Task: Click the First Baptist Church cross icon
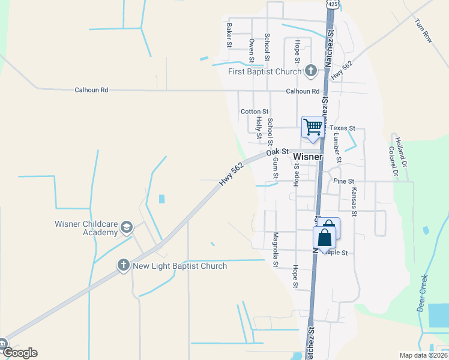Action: [x=310, y=71]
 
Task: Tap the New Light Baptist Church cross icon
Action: [x=124, y=266]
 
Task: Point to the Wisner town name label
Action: [x=308, y=157]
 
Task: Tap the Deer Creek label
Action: [x=423, y=293]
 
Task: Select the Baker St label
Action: [x=229, y=35]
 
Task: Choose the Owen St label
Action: [x=252, y=50]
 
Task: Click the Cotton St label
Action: [x=255, y=112]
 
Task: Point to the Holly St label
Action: [x=259, y=127]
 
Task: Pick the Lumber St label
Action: [x=337, y=148]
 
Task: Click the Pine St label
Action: [x=344, y=181]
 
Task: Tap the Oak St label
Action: [x=278, y=154]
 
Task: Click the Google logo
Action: [x=20, y=352]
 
